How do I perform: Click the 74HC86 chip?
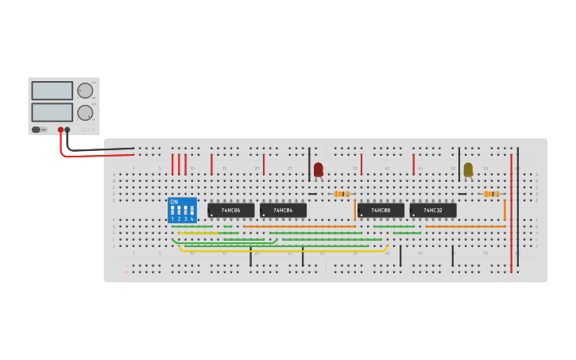tap(231, 211)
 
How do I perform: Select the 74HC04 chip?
tap(283, 211)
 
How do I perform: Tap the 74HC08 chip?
tap(381, 211)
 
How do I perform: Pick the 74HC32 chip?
tap(433, 211)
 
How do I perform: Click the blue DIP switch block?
tap(182, 210)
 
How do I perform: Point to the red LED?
tap(319, 169)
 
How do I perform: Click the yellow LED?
tap(468, 169)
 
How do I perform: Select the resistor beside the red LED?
tap(342, 194)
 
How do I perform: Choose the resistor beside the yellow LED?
tap(492, 194)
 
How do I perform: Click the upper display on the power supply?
tap(52, 91)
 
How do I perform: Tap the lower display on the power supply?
tap(52, 112)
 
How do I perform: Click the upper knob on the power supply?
tap(85, 91)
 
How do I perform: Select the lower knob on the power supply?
tap(85, 112)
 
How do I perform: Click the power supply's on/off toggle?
tap(37, 130)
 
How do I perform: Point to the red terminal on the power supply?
tap(60, 130)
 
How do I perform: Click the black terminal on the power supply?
tap(68, 130)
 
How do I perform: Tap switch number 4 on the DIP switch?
tap(192, 212)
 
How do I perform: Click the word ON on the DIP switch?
tap(174, 202)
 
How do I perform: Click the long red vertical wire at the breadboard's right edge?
tap(511, 215)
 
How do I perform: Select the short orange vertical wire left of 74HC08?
tap(355, 210)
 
